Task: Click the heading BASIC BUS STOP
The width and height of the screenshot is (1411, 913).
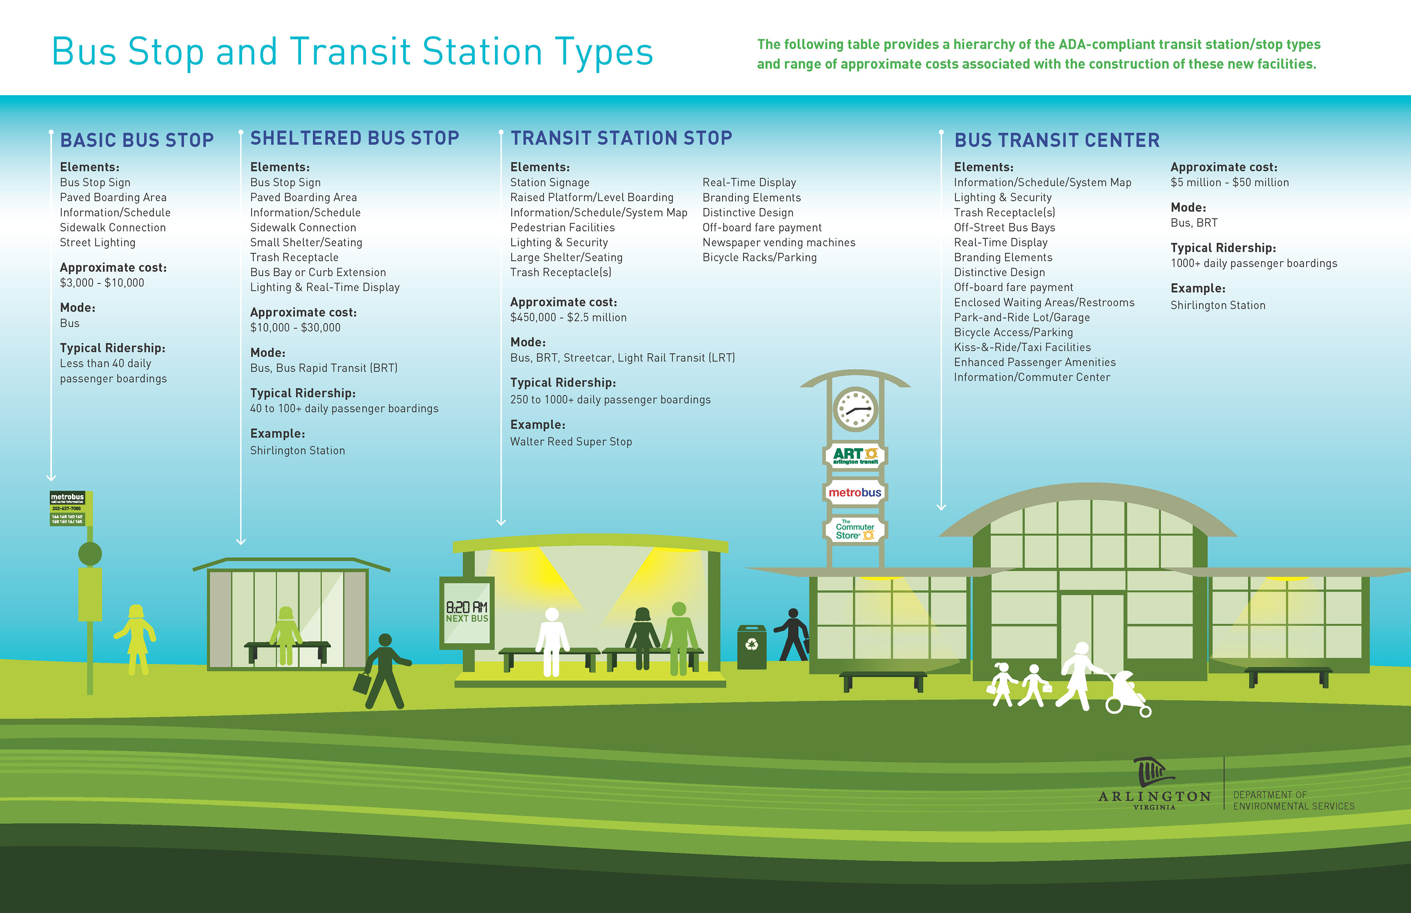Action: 137,140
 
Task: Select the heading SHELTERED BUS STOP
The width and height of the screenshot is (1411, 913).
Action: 355,138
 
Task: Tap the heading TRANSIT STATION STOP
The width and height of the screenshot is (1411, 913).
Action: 621,138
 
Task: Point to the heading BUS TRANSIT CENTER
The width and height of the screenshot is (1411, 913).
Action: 1056,140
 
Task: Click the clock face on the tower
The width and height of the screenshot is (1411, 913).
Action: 855,409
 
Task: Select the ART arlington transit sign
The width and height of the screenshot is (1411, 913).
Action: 855,455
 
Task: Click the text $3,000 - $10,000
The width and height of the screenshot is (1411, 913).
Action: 102,283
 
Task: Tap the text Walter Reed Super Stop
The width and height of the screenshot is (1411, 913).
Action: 571,442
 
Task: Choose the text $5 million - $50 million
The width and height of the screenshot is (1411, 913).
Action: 1229,183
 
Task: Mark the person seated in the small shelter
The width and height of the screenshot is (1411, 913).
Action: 286,635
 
